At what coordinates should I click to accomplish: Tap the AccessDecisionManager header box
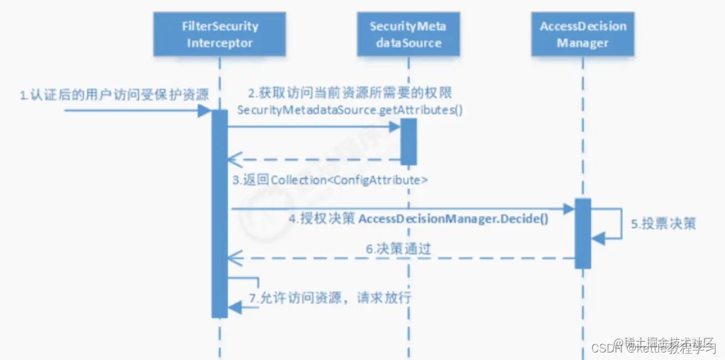[582, 35]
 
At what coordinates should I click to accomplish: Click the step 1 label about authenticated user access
[113, 95]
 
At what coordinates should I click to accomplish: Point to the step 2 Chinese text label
[350, 94]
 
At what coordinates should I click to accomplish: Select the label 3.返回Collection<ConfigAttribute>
[330, 180]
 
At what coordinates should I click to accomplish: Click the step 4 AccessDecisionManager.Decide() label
[418, 220]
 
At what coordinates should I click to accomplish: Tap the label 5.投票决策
[663, 224]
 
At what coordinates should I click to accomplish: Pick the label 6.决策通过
[398, 249]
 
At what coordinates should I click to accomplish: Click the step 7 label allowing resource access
[330, 298]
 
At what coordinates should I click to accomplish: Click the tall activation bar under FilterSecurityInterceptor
[219, 214]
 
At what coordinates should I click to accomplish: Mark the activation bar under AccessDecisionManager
[582, 232]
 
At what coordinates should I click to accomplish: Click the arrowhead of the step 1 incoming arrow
[204, 111]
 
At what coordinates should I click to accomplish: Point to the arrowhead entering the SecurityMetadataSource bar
[394, 126]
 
